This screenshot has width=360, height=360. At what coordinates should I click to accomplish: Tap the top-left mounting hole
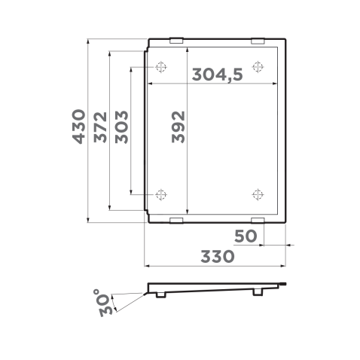pos(160,67)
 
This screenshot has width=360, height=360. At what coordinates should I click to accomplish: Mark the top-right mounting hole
pos(258,67)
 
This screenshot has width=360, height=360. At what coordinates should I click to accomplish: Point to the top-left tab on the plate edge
pos(176,41)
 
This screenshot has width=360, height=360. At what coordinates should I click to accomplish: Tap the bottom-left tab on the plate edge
pos(176,221)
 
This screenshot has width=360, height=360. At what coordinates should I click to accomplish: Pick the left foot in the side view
pos(160,294)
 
